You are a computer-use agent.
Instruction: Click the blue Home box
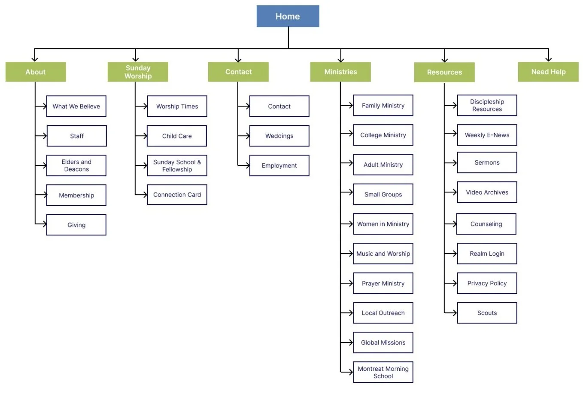[288, 16]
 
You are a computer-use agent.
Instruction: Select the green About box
[36, 72]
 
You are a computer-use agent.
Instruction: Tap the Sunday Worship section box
[138, 72]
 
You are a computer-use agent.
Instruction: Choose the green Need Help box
[548, 72]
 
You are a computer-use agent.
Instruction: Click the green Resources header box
[444, 72]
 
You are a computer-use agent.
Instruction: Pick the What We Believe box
[76, 106]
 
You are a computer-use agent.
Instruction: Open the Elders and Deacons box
[76, 165]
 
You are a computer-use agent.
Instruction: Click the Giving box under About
[76, 225]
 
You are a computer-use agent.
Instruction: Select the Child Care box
[177, 136]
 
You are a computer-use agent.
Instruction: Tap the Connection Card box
[177, 195]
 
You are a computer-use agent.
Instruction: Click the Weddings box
[279, 136]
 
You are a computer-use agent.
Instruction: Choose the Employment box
[279, 165]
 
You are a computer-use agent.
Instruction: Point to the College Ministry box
[383, 135]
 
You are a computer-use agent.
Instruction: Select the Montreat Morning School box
[383, 372]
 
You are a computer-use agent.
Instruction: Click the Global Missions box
[383, 342]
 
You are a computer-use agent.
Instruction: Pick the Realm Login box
[487, 254]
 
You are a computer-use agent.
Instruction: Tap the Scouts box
[487, 313]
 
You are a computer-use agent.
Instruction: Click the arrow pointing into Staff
[41, 136]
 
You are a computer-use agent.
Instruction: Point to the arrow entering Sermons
[450, 163]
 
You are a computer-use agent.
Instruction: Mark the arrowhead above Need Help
[549, 59]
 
